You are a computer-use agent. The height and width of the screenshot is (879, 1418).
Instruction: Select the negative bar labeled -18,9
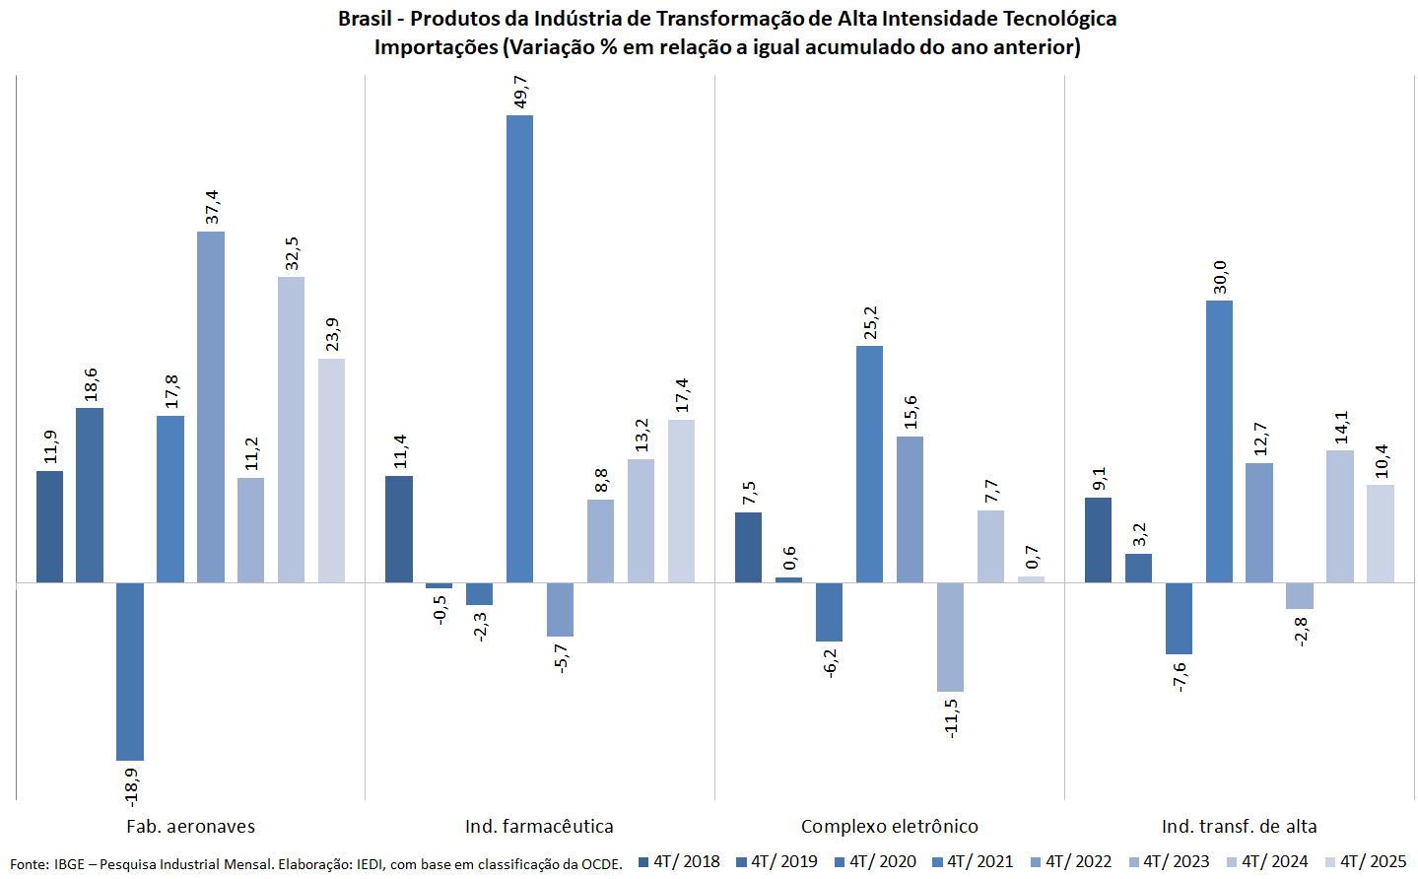pyautogui.click(x=130, y=671)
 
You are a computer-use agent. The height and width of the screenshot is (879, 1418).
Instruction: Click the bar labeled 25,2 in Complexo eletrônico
pyautogui.click(x=869, y=463)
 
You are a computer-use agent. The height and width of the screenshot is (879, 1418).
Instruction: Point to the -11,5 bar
pyautogui.click(x=950, y=637)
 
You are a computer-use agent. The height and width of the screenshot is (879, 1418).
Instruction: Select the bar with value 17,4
pyautogui.click(x=681, y=501)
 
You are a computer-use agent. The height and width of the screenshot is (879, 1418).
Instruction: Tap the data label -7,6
pyautogui.click(x=1180, y=676)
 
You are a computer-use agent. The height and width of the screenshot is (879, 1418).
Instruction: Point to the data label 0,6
pyautogui.click(x=789, y=558)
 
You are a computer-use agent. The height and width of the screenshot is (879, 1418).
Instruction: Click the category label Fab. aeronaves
pyautogui.click(x=190, y=827)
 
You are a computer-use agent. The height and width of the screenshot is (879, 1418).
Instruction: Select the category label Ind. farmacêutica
pyautogui.click(x=539, y=827)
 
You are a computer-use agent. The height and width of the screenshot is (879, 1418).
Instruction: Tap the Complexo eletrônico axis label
pyautogui.click(x=889, y=827)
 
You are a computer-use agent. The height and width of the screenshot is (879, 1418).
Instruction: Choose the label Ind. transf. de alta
pyautogui.click(x=1239, y=827)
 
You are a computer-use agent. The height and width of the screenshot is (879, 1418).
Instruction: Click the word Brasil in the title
pyautogui.click(x=365, y=19)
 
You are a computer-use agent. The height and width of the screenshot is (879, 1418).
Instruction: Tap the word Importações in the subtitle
pyautogui.click(x=436, y=47)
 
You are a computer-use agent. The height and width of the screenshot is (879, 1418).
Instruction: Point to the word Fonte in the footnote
pyautogui.click(x=29, y=864)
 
